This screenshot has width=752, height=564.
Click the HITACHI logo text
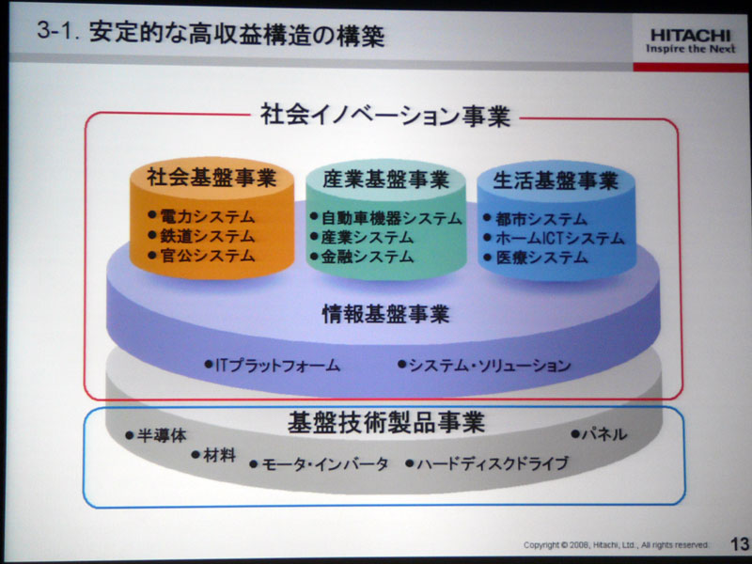pyautogui.click(x=691, y=36)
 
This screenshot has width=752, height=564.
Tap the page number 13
pyautogui.click(x=740, y=544)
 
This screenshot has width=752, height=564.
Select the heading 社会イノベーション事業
pyautogui.click(x=385, y=115)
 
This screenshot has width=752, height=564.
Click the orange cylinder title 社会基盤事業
pyautogui.click(x=211, y=178)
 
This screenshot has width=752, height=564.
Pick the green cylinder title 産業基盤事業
pyautogui.click(x=386, y=180)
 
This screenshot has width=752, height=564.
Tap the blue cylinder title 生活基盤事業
pyautogui.click(x=556, y=180)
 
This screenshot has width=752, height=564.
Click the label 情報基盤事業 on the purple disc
pyautogui.click(x=385, y=314)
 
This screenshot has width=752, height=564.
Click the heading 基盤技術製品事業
pyautogui.click(x=386, y=422)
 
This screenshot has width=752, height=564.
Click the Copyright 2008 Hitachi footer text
pyautogui.click(x=616, y=545)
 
